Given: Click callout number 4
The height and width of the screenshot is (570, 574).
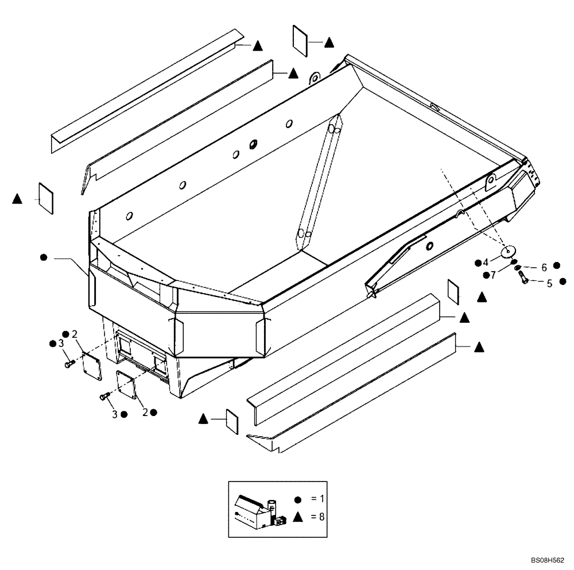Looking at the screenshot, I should pyautogui.click(x=486, y=263).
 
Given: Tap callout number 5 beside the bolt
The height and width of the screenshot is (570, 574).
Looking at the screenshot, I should pyautogui.click(x=549, y=283).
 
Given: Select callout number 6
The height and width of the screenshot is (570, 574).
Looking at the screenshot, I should pyautogui.click(x=543, y=267).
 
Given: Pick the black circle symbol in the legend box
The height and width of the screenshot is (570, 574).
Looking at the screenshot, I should pyautogui.click(x=297, y=499).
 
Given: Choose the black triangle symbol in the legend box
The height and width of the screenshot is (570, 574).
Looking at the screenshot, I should pyautogui.click(x=297, y=517).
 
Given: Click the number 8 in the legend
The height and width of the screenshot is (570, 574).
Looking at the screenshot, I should pyautogui.click(x=321, y=517).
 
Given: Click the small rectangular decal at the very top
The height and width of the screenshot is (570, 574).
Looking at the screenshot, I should pyautogui.click(x=301, y=41).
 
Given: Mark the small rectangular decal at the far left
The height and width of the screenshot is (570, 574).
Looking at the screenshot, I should pyautogui.click(x=45, y=197).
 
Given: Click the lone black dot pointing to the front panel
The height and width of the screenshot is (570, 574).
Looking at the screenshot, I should pyautogui.click(x=44, y=258).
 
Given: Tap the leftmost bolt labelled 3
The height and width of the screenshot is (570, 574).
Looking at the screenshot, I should pyautogui.click(x=69, y=364).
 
